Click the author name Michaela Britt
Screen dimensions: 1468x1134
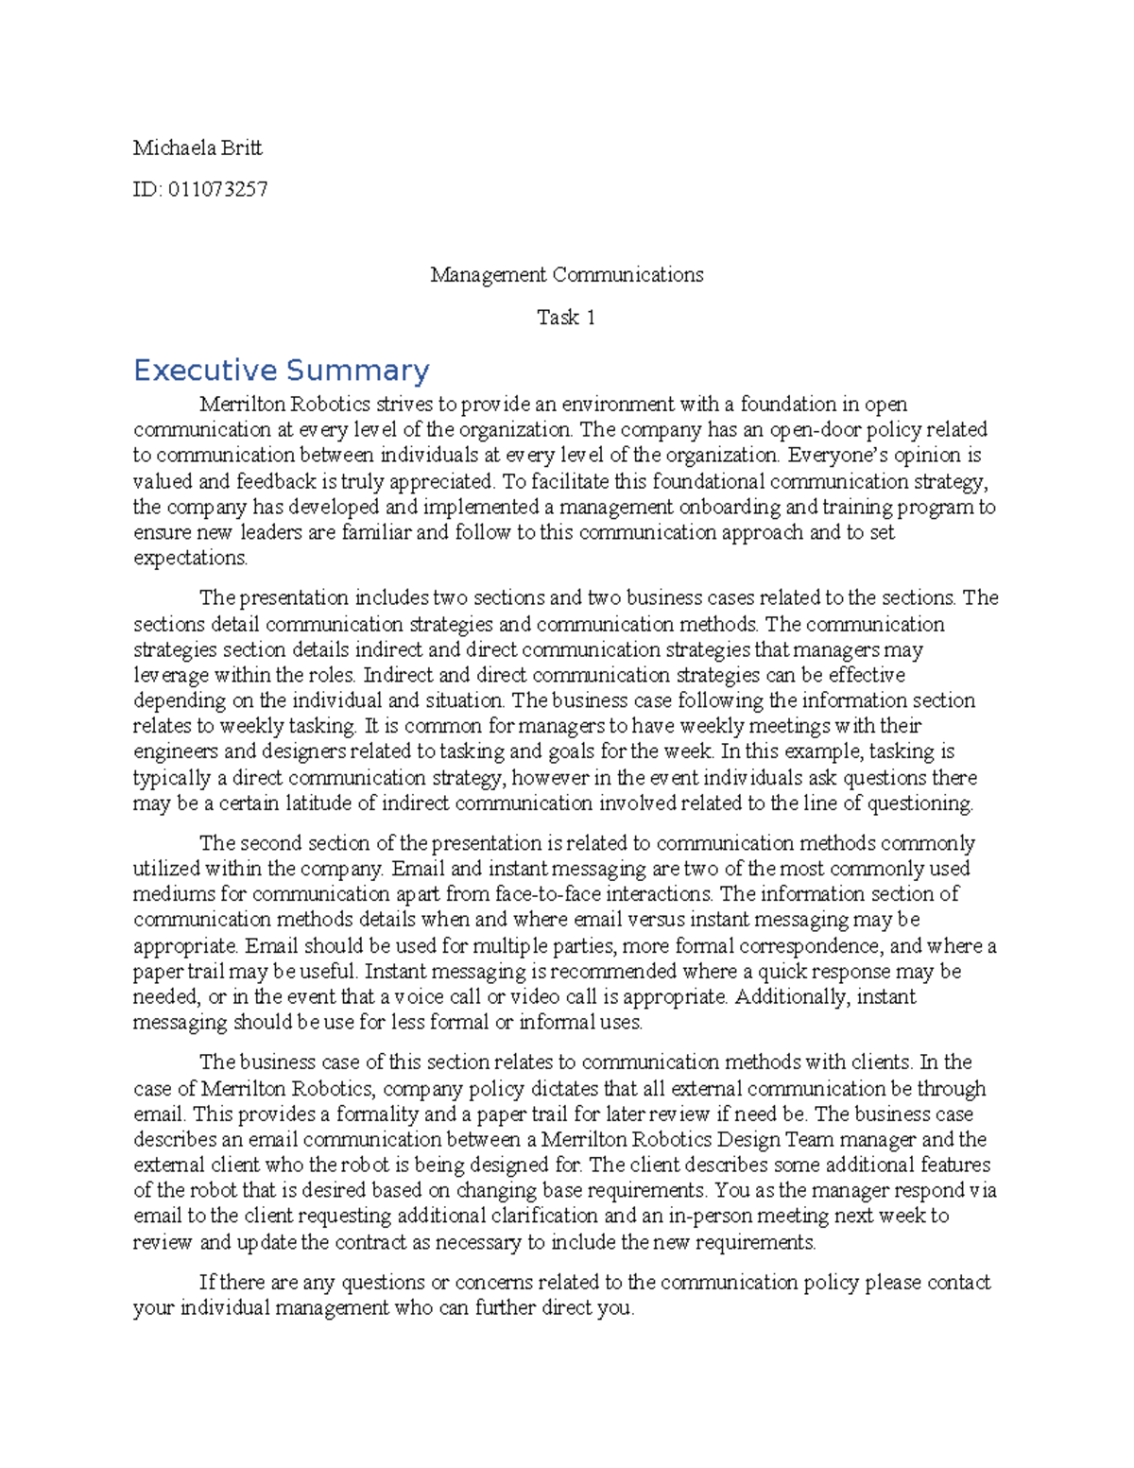tap(198, 147)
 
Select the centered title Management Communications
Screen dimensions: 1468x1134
tap(566, 275)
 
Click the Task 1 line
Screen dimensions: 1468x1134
tap(566, 318)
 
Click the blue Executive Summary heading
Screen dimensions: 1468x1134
tap(281, 370)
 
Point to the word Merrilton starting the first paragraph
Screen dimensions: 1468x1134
tap(242, 405)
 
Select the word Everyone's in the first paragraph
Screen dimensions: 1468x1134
tap(837, 456)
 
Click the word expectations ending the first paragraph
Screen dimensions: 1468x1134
tap(189, 558)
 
